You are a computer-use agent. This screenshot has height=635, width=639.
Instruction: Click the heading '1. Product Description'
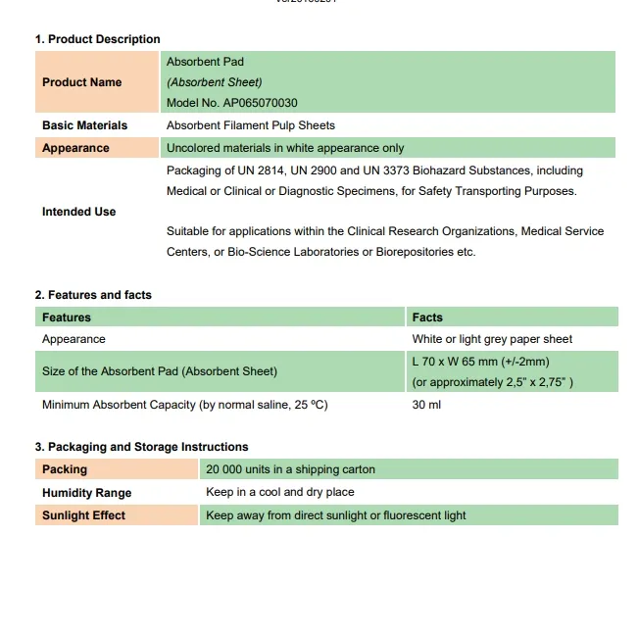97,39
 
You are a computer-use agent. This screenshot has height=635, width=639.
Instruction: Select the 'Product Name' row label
81,82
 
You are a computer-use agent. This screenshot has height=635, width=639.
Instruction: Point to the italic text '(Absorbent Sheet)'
215,82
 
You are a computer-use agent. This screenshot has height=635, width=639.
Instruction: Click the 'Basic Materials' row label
84,125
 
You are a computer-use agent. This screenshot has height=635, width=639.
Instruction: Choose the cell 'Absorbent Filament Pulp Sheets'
251,125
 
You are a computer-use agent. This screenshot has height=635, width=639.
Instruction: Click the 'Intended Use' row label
78,212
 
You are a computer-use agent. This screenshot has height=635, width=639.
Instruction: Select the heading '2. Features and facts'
93,295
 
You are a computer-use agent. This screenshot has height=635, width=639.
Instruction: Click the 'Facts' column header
427,317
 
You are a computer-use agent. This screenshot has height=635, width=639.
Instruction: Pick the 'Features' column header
67,317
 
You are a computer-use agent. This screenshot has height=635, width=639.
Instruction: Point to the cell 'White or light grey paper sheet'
492,339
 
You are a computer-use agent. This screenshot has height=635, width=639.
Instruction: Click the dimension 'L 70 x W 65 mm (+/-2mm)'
480,362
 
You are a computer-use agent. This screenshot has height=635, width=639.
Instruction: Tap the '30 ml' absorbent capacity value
426,405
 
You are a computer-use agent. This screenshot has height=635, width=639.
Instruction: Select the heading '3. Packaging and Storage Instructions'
141,447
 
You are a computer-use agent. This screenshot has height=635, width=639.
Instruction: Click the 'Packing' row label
65,469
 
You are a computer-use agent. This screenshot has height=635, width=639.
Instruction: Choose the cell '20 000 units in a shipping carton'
290,469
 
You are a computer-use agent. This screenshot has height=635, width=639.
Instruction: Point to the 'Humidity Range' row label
86,493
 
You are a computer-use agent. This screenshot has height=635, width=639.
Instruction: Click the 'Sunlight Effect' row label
83,515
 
